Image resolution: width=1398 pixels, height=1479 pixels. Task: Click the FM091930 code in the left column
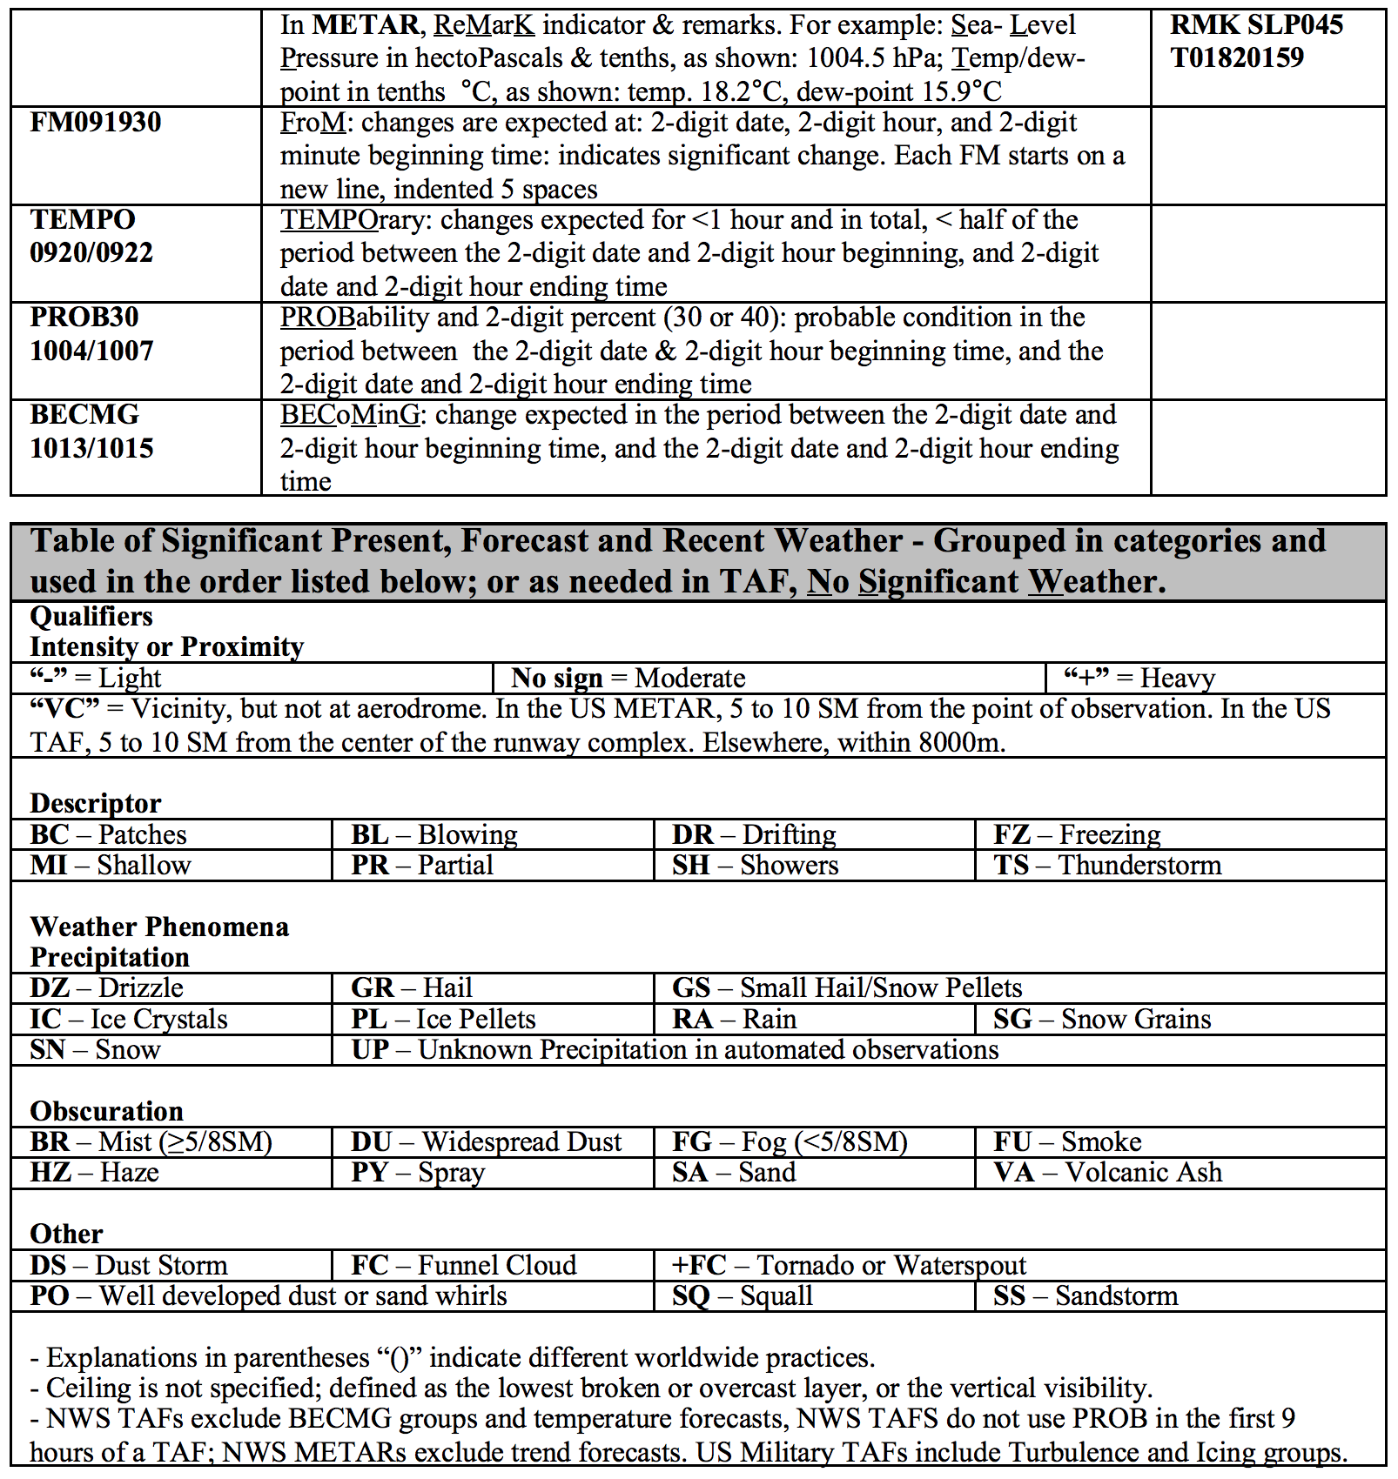point(96,122)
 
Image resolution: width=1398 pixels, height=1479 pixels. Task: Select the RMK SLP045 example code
point(1256,24)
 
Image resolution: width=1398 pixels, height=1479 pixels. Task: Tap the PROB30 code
point(84,317)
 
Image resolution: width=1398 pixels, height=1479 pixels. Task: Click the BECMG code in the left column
point(84,414)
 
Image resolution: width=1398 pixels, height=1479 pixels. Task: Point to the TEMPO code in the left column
point(83,219)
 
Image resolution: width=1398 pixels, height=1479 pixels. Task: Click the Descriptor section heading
point(96,802)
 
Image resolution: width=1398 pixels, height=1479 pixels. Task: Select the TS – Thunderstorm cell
point(1107,865)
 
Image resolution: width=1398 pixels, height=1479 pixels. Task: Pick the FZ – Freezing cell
point(1077,834)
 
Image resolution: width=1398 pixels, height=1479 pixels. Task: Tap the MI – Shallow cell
point(111,865)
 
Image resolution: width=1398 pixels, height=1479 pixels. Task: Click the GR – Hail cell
point(412,987)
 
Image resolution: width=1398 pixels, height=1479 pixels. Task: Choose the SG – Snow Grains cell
point(1102,1019)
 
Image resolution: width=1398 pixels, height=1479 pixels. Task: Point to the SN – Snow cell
point(96,1049)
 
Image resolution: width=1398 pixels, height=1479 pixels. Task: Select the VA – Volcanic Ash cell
point(1107,1172)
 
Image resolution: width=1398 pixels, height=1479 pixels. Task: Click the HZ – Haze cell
point(95,1172)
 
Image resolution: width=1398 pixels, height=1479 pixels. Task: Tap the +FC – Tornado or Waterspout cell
point(849,1265)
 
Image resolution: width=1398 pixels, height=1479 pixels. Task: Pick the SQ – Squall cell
point(743,1295)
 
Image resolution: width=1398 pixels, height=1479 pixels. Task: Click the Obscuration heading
point(106,1111)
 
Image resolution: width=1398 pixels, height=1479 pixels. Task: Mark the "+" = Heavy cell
point(1139,678)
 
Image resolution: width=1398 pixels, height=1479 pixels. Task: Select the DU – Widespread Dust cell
point(487,1141)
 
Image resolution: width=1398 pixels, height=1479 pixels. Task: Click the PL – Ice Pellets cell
point(444,1019)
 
